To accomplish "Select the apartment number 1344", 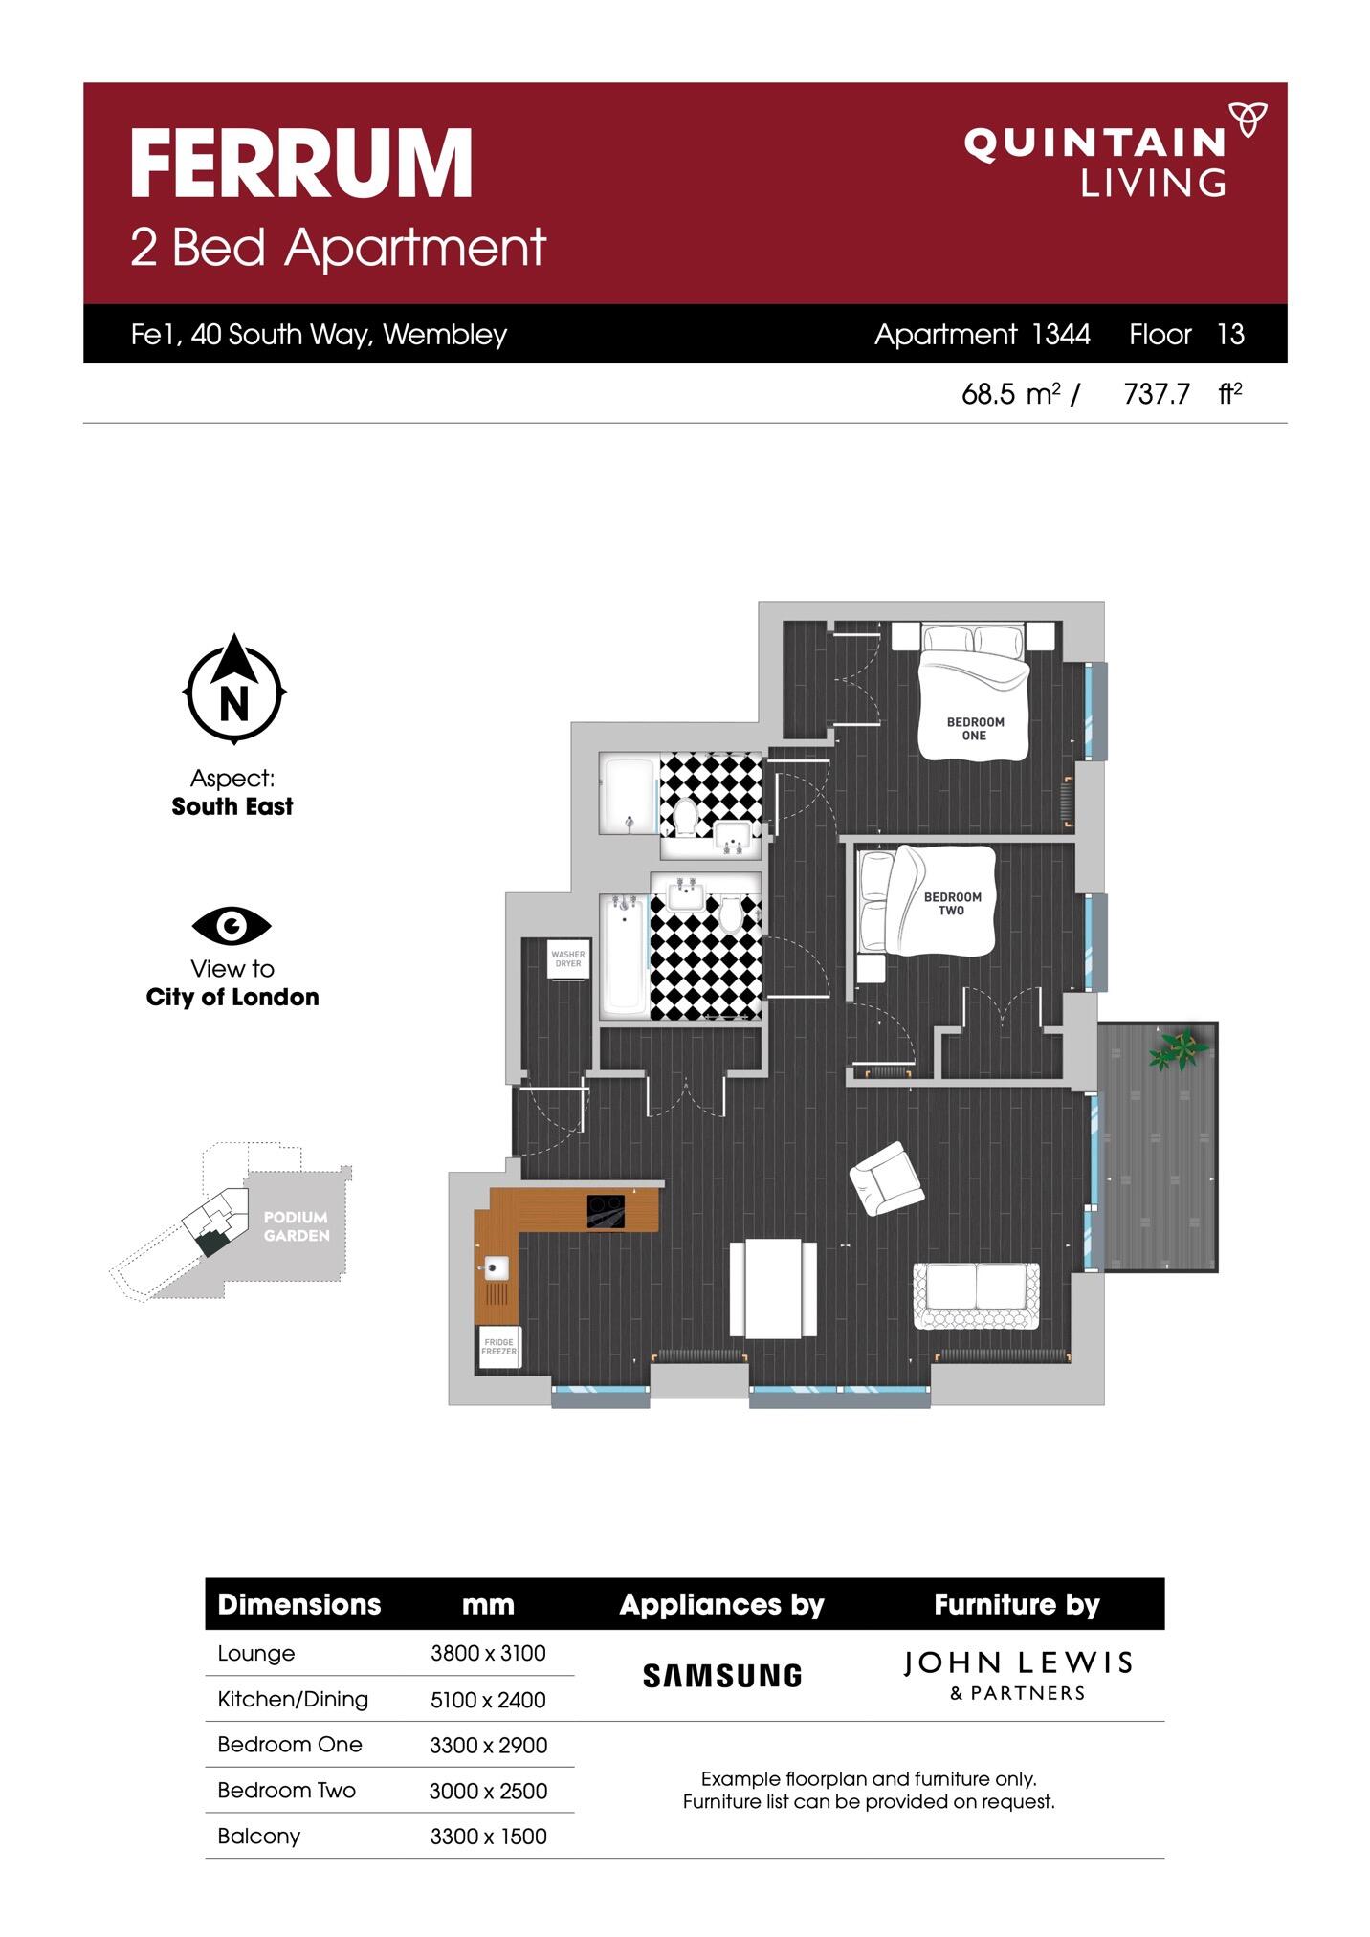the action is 1061,334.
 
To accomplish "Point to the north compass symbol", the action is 234,689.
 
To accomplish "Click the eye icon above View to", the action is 232,925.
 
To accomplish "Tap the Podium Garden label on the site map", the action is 297,1226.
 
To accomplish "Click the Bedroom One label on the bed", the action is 975,729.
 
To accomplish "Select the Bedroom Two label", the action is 952,904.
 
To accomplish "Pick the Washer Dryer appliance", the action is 568,958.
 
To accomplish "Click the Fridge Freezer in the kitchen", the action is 498,1347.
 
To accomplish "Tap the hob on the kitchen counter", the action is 606,1211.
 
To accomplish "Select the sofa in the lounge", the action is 976,1296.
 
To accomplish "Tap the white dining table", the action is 773,1288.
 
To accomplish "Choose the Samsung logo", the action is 722,1676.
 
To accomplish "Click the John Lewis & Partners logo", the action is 1018,1676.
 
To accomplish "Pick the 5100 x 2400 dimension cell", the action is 488,1700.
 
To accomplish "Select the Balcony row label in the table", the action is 259,1836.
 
